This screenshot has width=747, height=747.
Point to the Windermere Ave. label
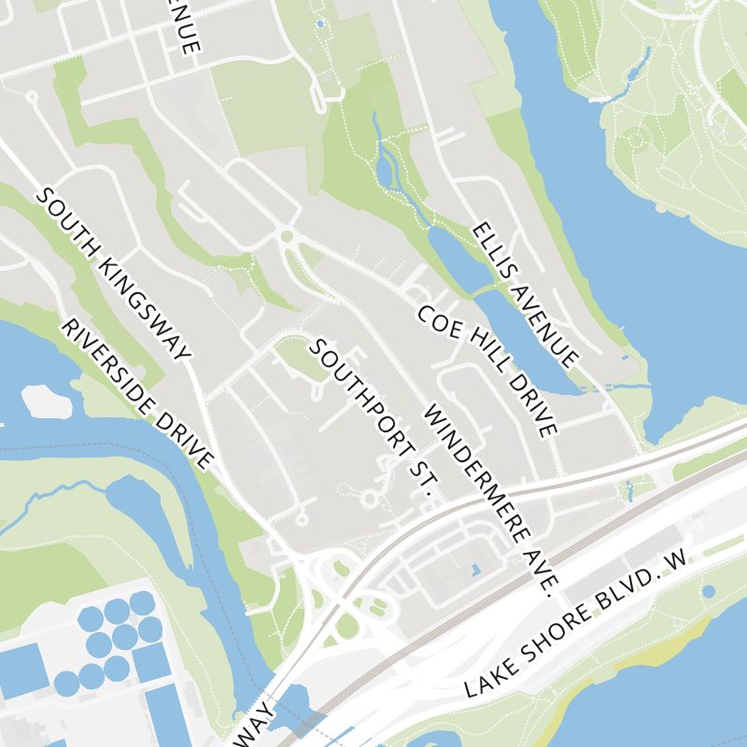pos(490,500)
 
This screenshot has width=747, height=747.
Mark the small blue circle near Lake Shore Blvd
pos(708,591)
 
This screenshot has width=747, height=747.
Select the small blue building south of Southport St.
pos(474,568)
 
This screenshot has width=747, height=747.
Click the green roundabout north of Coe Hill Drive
pos(287,236)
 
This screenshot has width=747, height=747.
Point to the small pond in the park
pos(386,170)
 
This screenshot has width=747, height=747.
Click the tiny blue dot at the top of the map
pos(321,23)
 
